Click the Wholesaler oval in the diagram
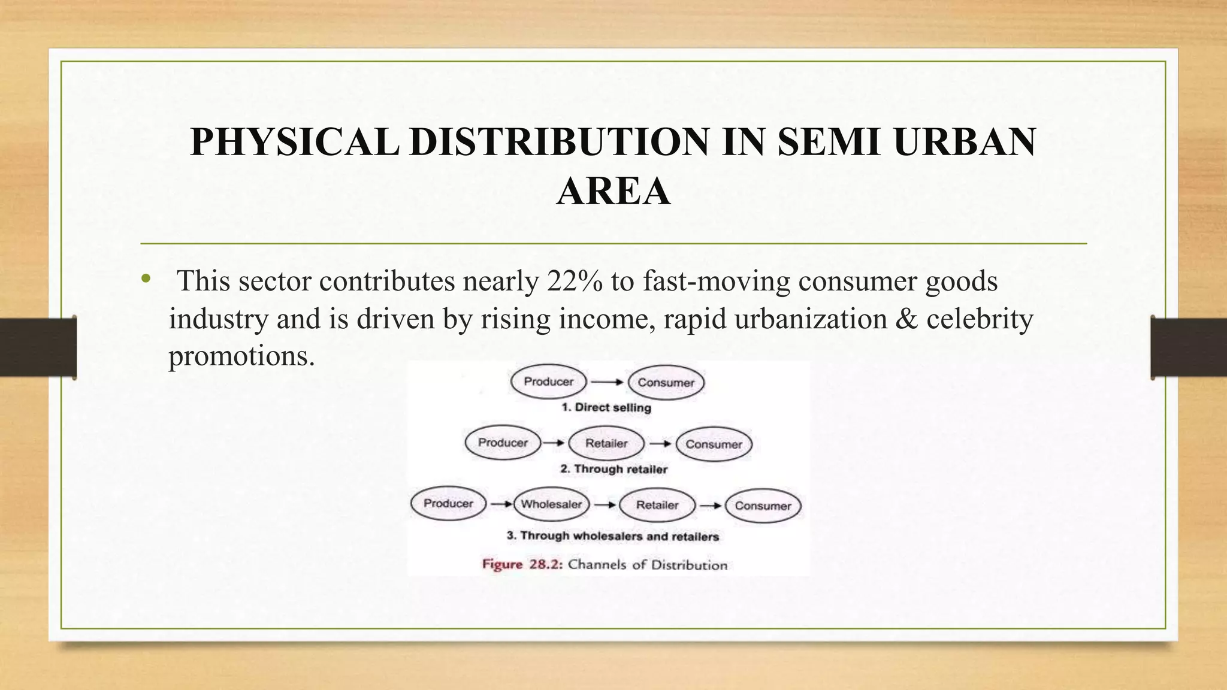click(551, 504)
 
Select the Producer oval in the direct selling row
click(548, 382)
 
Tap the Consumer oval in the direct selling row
click(666, 383)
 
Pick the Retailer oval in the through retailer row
click(606, 444)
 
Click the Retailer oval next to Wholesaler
click(657, 505)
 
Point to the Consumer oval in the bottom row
click(763, 506)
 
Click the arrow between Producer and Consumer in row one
click(607, 382)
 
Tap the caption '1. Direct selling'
click(606, 408)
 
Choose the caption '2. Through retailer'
click(613, 470)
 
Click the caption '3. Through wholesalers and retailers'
click(612, 536)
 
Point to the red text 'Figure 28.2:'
click(522, 565)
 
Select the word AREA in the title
click(613, 192)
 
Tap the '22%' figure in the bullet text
click(574, 282)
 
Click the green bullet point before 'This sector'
click(146, 279)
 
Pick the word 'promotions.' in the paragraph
click(241, 356)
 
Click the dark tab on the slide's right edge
click(1189, 347)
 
